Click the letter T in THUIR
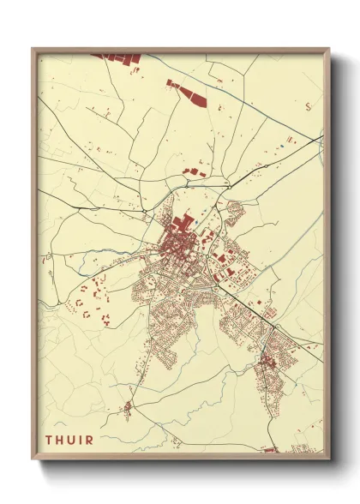pyautogui.click(x=49, y=441)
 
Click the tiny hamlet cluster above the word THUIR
pyautogui.click(x=127, y=408)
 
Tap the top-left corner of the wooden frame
pyautogui.click(x=33, y=49)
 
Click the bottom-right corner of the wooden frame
pyautogui.click(x=329, y=459)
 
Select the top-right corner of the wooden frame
pyautogui.click(x=329, y=49)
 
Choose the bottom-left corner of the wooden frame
pyautogui.click(x=33, y=459)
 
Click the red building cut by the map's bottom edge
pyautogui.click(x=271, y=449)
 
